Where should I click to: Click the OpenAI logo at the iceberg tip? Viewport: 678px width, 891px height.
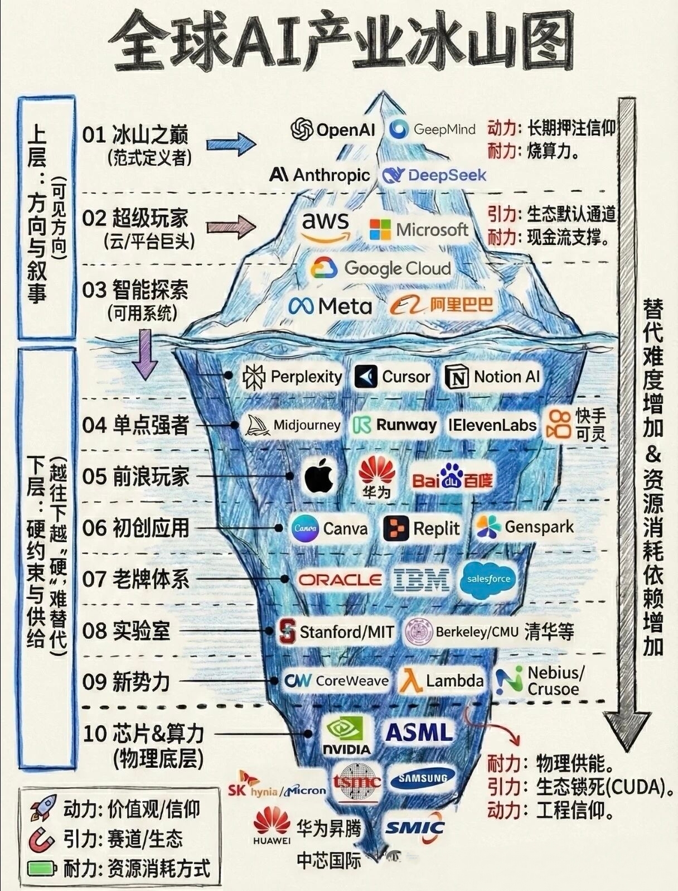click(x=303, y=129)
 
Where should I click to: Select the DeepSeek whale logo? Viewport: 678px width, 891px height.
click(x=393, y=176)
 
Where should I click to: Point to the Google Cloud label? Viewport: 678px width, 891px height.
click(x=396, y=268)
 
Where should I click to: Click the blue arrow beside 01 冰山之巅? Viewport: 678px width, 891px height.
click(x=231, y=143)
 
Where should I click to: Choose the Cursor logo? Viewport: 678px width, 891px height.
click(x=366, y=377)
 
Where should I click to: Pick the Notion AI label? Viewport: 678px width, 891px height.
click(x=506, y=377)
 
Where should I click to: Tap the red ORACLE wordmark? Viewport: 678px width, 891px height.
click(x=340, y=580)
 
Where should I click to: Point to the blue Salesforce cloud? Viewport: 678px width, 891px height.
click(x=488, y=580)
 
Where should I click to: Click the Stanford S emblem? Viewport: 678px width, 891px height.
click(x=287, y=631)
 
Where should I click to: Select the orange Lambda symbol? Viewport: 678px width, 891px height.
click(x=411, y=681)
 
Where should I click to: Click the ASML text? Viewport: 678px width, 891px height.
click(x=419, y=732)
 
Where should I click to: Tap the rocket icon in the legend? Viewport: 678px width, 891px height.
click(x=43, y=808)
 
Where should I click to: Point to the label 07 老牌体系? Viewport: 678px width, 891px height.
click(x=135, y=579)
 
